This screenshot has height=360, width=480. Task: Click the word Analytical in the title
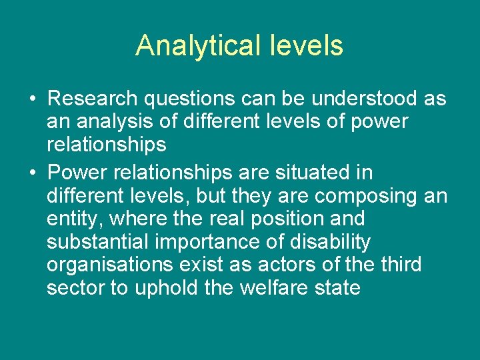193,46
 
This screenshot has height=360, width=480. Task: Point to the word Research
93,99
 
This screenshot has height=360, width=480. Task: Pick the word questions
189,100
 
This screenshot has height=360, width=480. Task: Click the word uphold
165,289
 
